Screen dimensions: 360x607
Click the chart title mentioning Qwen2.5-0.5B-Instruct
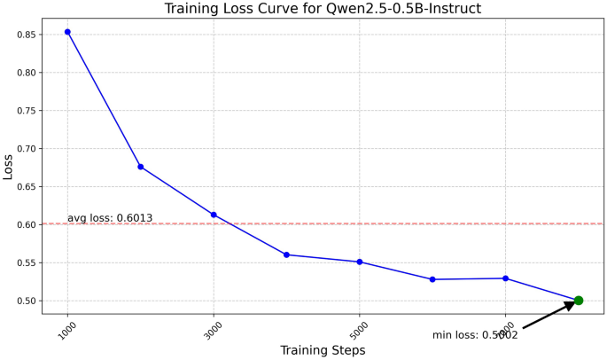pos(323,9)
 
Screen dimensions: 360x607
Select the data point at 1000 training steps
pos(67,32)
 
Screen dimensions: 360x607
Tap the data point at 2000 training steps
pos(141,167)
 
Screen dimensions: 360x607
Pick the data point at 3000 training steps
pos(214,215)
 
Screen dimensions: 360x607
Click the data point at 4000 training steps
pos(286,254)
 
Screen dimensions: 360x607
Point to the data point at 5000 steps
pos(360,262)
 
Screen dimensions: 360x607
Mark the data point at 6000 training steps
pos(432,279)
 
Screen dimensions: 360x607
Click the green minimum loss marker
pos(579,301)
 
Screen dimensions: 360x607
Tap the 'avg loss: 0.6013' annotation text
pos(110,218)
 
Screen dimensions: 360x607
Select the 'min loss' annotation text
pos(475,335)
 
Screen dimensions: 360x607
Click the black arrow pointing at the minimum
pos(549,316)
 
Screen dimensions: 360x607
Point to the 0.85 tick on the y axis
pos(27,35)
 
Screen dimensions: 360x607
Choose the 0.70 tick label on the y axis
pos(27,149)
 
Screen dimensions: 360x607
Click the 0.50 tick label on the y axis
pos(27,301)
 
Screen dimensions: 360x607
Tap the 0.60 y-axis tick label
pos(27,225)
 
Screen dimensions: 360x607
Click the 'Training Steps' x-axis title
pos(323,350)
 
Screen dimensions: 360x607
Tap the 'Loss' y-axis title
pos(8,167)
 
